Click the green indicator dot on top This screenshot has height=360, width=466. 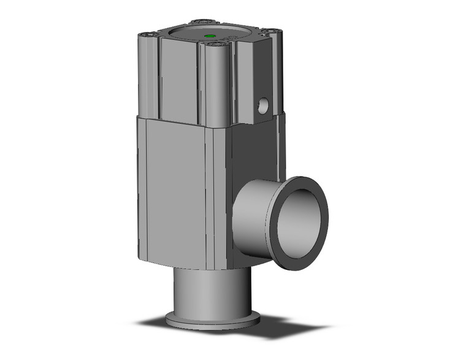pyautogui.click(x=211, y=37)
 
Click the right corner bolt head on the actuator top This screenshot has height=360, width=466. pyautogui.click(x=270, y=29)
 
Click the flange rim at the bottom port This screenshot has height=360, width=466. pyautogui.click(x=212, y=320)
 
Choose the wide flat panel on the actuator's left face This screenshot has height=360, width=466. pyautogui.click(x=178, y=77)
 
